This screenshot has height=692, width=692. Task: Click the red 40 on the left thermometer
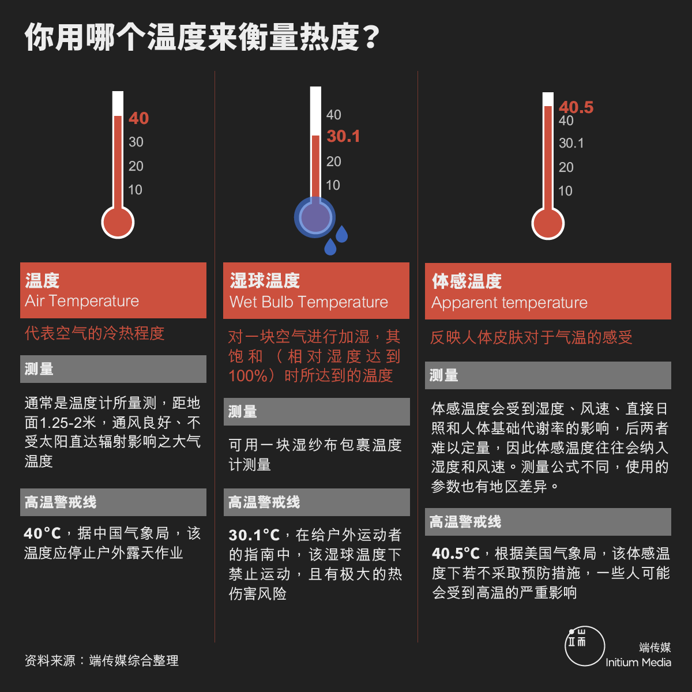click(138, 118)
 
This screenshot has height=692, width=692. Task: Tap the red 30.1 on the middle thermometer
click(343, 137)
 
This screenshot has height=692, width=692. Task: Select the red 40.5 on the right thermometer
click(576, 107)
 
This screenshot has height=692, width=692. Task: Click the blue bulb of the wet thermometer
click(315, 217)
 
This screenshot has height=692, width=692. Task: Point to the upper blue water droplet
click(341, 234)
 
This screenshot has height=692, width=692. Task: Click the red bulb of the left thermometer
click(118, 222)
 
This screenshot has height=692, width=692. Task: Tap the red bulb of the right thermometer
click(548, 223)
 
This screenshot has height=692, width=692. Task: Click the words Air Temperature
click(82, 301)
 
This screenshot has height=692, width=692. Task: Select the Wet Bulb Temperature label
click(309, 302)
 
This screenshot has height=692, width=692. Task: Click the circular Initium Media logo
click(585, 646)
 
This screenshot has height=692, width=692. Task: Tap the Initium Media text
click(638, 662)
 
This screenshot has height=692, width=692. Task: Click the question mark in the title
click(371, 37)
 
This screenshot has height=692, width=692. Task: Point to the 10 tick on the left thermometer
click(136, 190)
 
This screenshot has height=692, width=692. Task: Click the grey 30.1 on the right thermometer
click(571, 143)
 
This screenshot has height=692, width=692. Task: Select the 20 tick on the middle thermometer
click(334, 161)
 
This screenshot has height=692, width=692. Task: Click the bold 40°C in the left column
click(42, 533)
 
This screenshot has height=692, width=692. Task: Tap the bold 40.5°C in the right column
click(456, 554)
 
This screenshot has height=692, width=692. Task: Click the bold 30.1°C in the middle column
click(254, 535)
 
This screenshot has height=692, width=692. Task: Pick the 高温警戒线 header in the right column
click(465, 522)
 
